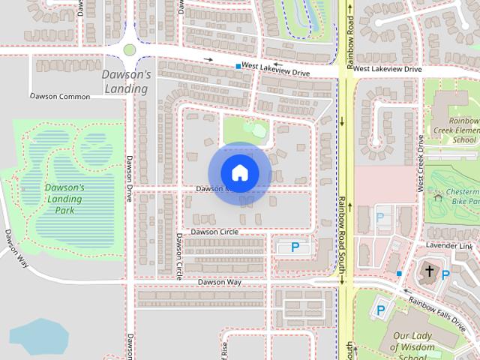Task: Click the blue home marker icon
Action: tap(239, 172)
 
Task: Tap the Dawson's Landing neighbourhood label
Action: tap(127, 82)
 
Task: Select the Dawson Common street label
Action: tap(60, 97)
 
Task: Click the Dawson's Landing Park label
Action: tap(64, 199)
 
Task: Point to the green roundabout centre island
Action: tap(130, 50)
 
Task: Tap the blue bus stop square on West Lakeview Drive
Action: tap(238, 67)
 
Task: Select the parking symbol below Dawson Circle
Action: tap(295, 247)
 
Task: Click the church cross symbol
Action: tap(430, 271)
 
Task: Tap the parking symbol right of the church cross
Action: tap(445, 275)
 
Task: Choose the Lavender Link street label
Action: tap(449, 246)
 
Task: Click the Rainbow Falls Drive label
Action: tap(436, 312)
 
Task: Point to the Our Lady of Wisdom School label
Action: tap(413, 342)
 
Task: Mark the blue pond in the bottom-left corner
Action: tap(38, 337)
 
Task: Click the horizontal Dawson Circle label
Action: tap(214, 232)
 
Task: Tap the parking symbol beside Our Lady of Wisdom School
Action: tap(380, 310)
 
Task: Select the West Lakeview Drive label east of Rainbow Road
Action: tap(387, 69)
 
